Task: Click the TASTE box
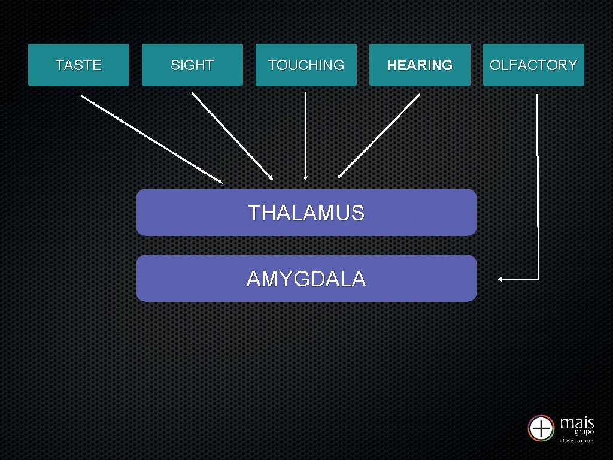point(78,65)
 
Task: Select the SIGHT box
point(192,65)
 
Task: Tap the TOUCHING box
point(306,65)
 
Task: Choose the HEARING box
point(420,65)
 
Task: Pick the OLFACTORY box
point(533,65)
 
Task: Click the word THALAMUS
point(306,213)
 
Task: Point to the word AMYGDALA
point(306,279)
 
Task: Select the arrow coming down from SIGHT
point(231,135)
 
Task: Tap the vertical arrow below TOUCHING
point(306,135)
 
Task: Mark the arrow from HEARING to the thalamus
point(380,136)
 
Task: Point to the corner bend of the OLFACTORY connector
point(539,279)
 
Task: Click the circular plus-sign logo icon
point(541,428)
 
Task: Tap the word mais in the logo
point(577,423)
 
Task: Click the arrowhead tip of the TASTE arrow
point(220,181)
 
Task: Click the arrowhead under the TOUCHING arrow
point(306,178)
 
